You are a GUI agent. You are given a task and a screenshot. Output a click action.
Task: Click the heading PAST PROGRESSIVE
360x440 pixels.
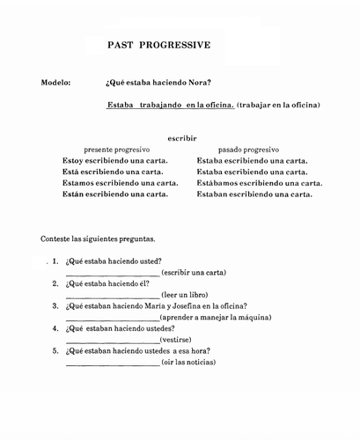point(158,43)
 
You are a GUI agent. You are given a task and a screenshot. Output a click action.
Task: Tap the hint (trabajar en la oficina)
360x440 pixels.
point(278,106)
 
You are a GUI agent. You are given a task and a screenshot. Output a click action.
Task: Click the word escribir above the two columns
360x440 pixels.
point(181,138)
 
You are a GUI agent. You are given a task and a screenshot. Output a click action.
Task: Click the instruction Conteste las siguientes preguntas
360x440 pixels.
point(98,239)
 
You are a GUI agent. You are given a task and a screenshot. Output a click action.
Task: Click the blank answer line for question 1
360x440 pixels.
point(113,275)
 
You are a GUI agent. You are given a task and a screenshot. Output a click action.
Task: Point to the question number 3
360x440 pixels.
point(55,306)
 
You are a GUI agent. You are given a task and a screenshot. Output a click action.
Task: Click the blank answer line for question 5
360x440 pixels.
point(113,363)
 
